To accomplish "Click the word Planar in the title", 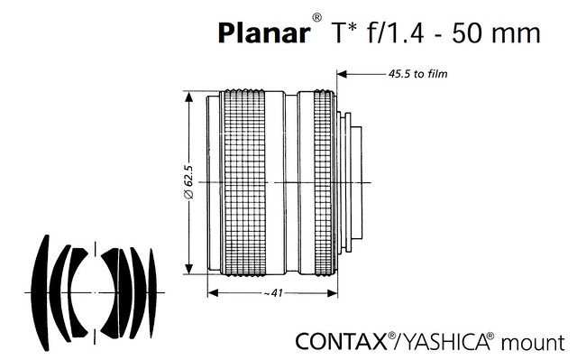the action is click(264, 32).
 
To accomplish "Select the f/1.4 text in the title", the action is click(396, 32).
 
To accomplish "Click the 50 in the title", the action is click(465, 32).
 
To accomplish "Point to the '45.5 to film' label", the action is click(418, 74).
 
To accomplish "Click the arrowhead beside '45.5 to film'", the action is click(342, 74).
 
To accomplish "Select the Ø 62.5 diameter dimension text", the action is click(188, 182).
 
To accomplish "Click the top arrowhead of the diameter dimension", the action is click(188, 97).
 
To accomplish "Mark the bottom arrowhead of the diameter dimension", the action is click(188, 269).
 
